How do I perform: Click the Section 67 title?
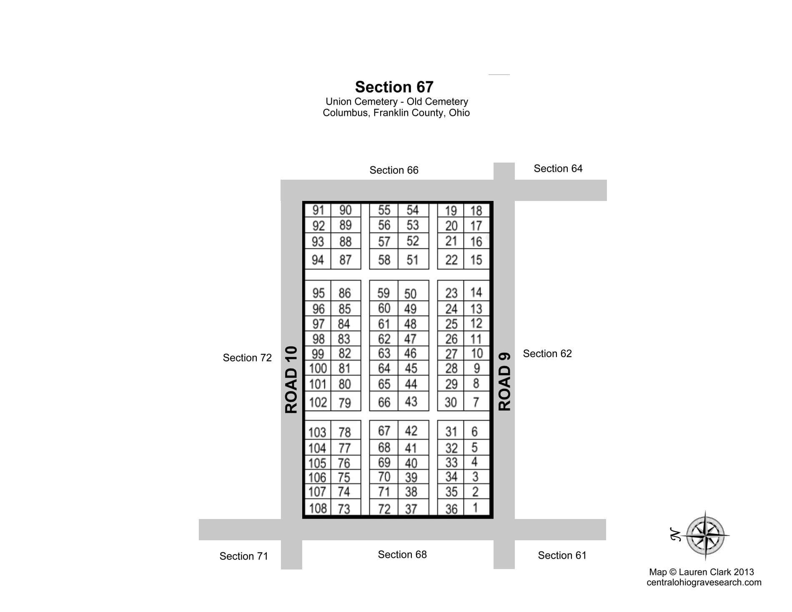click(394, 87)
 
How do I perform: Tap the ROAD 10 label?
click(291, 379)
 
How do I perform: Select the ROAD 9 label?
click(504, 382)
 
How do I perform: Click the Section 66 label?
click(394, 170)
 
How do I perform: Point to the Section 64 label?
click(558, 168)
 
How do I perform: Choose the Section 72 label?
click(247, 358)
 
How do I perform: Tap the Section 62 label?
click(547, 354)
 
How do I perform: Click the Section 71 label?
click(244, 556)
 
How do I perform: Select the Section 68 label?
click(402, 554)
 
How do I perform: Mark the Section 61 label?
click(562, 555)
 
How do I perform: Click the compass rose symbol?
click(705, 534)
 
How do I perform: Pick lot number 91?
click(318, 210)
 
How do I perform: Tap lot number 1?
click(475, 508)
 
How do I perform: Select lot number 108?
click(318, 509)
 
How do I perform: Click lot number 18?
click(476, 211)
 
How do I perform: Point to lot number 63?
click(384, 354)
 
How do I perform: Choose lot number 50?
click(410, 294)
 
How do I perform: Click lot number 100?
click(318, 369)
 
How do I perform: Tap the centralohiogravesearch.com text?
click(704, 582)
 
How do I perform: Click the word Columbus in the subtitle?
click(345, 113)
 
